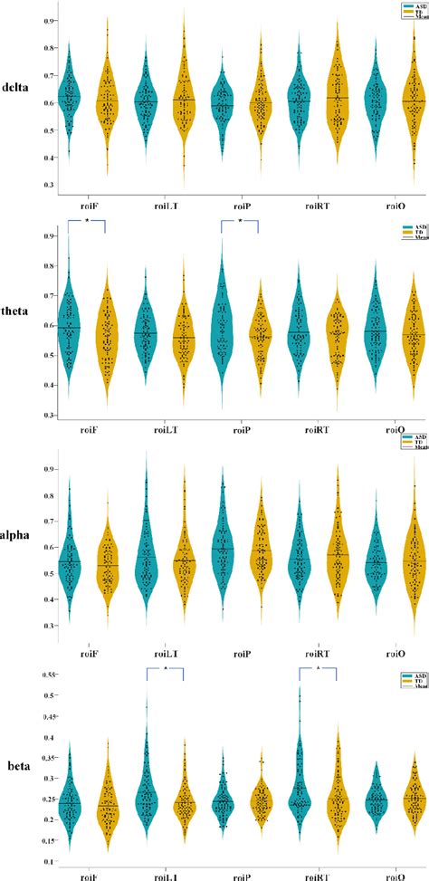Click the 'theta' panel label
click(21, 321)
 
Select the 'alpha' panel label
click(21, 535)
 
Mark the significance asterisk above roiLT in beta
click(166, 668)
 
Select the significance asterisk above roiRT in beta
click(319, 668)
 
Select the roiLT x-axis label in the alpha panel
click(165, 646)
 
